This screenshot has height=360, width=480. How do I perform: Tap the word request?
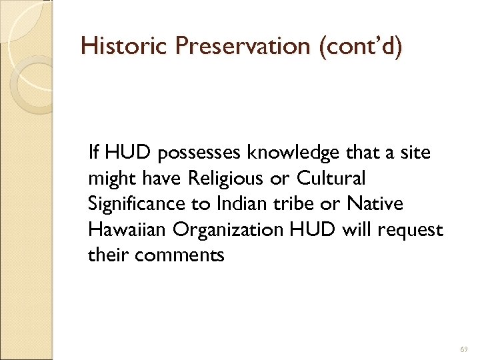tap(415, 229)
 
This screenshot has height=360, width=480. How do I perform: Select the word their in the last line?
tap(107, 254)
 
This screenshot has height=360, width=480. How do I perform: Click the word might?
tap(109, 179)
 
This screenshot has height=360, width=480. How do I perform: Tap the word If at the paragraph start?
tap(93, 154)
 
